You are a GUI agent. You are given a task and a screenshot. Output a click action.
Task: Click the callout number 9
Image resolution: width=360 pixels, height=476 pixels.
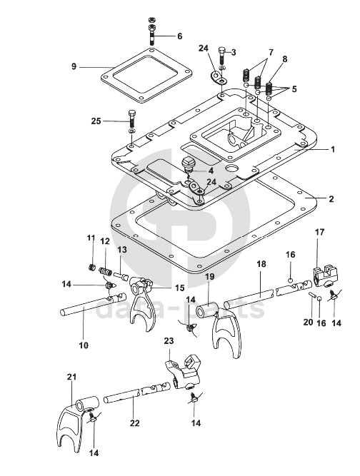(x=74, y=66)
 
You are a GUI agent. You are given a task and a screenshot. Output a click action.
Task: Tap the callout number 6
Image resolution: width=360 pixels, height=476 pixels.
(x=179, y=36)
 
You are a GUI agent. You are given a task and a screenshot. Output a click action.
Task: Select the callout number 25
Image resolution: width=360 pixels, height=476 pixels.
(x=96, y=121)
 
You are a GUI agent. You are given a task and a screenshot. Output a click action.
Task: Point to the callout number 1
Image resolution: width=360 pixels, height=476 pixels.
(x=333, y=149)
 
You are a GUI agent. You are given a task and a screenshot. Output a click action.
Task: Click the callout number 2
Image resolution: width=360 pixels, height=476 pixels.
(x=331, y=199)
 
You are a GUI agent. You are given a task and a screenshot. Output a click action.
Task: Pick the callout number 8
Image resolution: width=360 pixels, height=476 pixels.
(x=285, y=59)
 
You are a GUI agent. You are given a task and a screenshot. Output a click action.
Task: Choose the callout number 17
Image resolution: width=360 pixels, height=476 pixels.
(x=319, y=232)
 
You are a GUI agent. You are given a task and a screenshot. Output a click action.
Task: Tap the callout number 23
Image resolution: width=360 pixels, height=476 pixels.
(x=169, y=340)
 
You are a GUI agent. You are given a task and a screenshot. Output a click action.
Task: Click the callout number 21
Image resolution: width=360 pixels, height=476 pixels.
(x=71, y=377)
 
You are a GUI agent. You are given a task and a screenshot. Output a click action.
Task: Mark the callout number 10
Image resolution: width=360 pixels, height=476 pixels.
(x=84, y=345)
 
